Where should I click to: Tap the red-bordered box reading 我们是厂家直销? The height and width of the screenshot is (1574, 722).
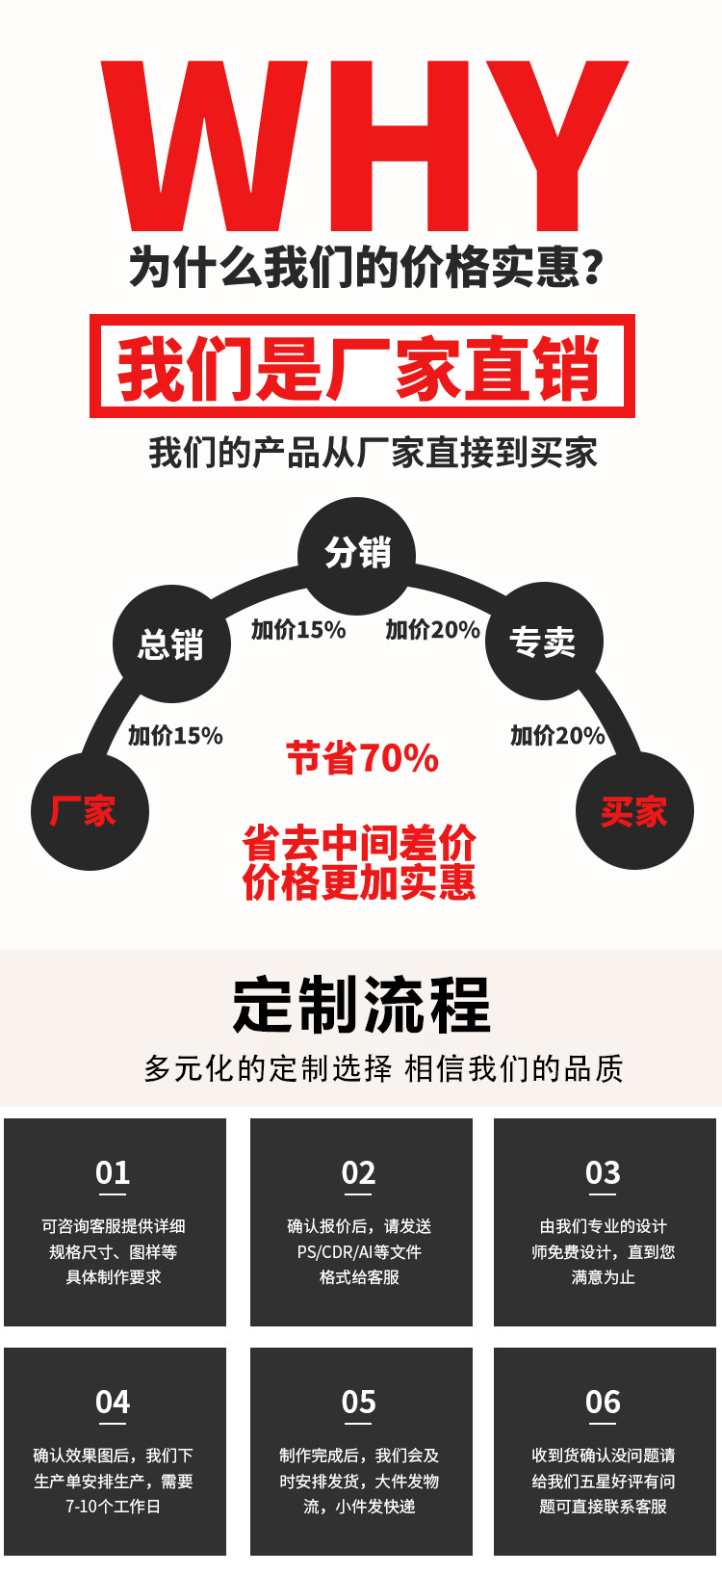[362, 366]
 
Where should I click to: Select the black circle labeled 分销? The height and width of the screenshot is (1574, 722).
[357, 554]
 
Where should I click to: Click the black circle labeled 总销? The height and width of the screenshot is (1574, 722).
[171, 643]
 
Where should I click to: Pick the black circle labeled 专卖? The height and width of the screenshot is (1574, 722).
[543, 642]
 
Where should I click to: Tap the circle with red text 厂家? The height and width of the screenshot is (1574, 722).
[90, 812]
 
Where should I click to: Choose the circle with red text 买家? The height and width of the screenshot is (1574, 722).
[634, 812]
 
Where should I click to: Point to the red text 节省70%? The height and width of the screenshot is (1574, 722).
[362, 759]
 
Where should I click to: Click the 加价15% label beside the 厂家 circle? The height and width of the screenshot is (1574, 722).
[175, 736]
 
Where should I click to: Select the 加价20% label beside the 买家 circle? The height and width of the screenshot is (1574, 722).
[557, 736]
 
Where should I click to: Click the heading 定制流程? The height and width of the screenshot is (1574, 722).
[361, 1005]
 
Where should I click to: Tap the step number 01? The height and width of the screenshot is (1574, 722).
[113, 1173]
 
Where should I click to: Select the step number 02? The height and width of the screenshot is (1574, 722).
[359, 1173]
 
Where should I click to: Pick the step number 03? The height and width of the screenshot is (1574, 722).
[604, 1173]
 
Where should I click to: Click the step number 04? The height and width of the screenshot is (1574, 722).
[113, 1403]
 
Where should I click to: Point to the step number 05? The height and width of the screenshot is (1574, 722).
[359, 1403]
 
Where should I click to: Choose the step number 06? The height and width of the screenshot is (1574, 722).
[604, 1403]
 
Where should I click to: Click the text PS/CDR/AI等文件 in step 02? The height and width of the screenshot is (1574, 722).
[359, 1252]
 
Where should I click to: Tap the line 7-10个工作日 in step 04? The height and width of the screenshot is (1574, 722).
[113, 1507]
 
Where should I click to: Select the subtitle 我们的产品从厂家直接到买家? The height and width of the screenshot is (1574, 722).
[373, 453]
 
